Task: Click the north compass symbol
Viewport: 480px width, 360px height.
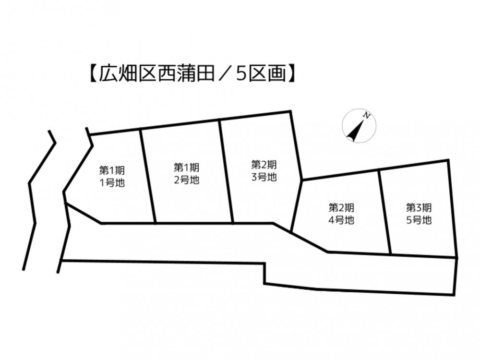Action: click(359, 125)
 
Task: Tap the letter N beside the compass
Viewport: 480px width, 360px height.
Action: click(366, 115)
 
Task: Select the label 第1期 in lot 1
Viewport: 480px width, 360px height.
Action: click(112, 170)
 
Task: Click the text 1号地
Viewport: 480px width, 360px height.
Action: click(112, 183)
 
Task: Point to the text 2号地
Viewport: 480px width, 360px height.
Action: click(187, 180)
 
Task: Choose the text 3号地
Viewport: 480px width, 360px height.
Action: click(264, 177)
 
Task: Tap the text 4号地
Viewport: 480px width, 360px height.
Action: click(341, 220)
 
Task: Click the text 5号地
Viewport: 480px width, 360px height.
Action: click(419, 220)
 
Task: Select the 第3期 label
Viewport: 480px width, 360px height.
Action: click(419, 207)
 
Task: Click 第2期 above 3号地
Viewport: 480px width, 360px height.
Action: click(264, 165)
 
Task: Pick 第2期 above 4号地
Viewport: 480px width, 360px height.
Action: click(341, 207)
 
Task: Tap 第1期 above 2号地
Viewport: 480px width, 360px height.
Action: click(187, 168)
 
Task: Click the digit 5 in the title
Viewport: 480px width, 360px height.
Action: click(241, 74)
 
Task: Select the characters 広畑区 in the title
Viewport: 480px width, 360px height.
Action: click(127, 74)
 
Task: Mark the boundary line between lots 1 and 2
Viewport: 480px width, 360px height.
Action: click(148, 176)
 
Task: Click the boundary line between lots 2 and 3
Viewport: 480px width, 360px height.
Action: click(226, 171)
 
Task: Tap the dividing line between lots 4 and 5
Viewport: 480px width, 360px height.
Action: click(385, 212)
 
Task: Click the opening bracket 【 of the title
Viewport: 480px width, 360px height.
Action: click(93, 74)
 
